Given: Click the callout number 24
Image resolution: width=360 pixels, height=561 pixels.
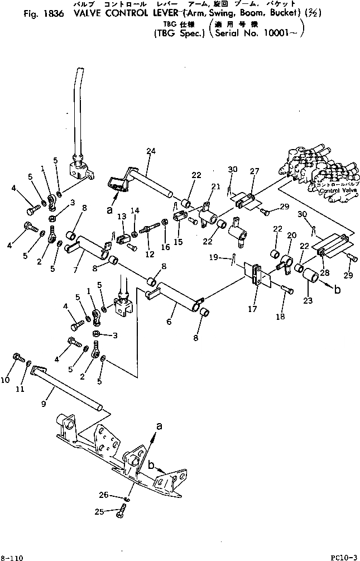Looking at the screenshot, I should (150, 150).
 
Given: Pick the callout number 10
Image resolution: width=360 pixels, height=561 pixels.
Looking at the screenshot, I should (6, 380).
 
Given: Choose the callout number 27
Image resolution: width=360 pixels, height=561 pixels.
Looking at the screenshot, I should (255, 172).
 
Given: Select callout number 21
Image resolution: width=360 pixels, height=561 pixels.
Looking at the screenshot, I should (215, 186).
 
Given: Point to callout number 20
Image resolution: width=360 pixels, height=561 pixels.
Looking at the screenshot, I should (291, 236).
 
